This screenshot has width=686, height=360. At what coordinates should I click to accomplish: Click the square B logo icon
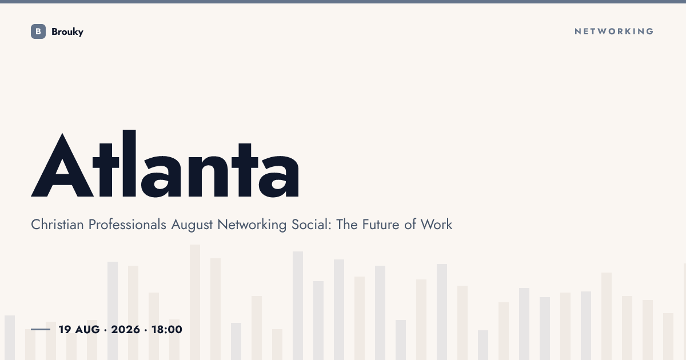[x=38, y=31]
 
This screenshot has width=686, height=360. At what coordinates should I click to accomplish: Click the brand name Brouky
[x=67, y=32]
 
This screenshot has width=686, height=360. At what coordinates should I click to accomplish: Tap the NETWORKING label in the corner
[x=614, y=31]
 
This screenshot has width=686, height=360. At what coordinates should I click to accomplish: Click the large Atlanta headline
[x=165, y=163]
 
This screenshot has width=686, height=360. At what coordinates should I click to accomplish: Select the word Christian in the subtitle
[x=57, y=225]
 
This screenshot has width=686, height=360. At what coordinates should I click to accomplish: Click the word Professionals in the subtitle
[x=127, y=225]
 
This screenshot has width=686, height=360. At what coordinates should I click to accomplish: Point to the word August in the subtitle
[x=192, y=225]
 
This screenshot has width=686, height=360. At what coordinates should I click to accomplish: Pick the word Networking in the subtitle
[x=252, y=225]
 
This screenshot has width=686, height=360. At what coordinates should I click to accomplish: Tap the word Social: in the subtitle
[x=312, y=225]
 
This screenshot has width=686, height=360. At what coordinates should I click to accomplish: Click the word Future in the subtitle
[x=381, y=225]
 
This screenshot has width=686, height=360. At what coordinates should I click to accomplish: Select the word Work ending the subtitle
[x=436, y=225]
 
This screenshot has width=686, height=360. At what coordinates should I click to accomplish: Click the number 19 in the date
[x=65, y=329]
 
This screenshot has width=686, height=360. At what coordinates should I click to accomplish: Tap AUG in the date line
[x=87, y=329]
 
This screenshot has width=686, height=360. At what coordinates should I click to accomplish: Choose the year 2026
[x=125, y=329]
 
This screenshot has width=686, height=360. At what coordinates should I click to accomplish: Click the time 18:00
[x=167, y=329]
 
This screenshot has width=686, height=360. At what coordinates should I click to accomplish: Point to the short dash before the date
[x=41, y=329]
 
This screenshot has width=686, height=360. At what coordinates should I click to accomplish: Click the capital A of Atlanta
[x=62, y=165]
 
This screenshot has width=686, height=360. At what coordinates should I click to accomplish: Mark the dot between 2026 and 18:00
[x=146, y=330]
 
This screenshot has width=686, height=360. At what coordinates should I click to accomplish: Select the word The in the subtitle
[x=347, y=225]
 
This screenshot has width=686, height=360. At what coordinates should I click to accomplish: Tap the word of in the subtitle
[x=410, y=225]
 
